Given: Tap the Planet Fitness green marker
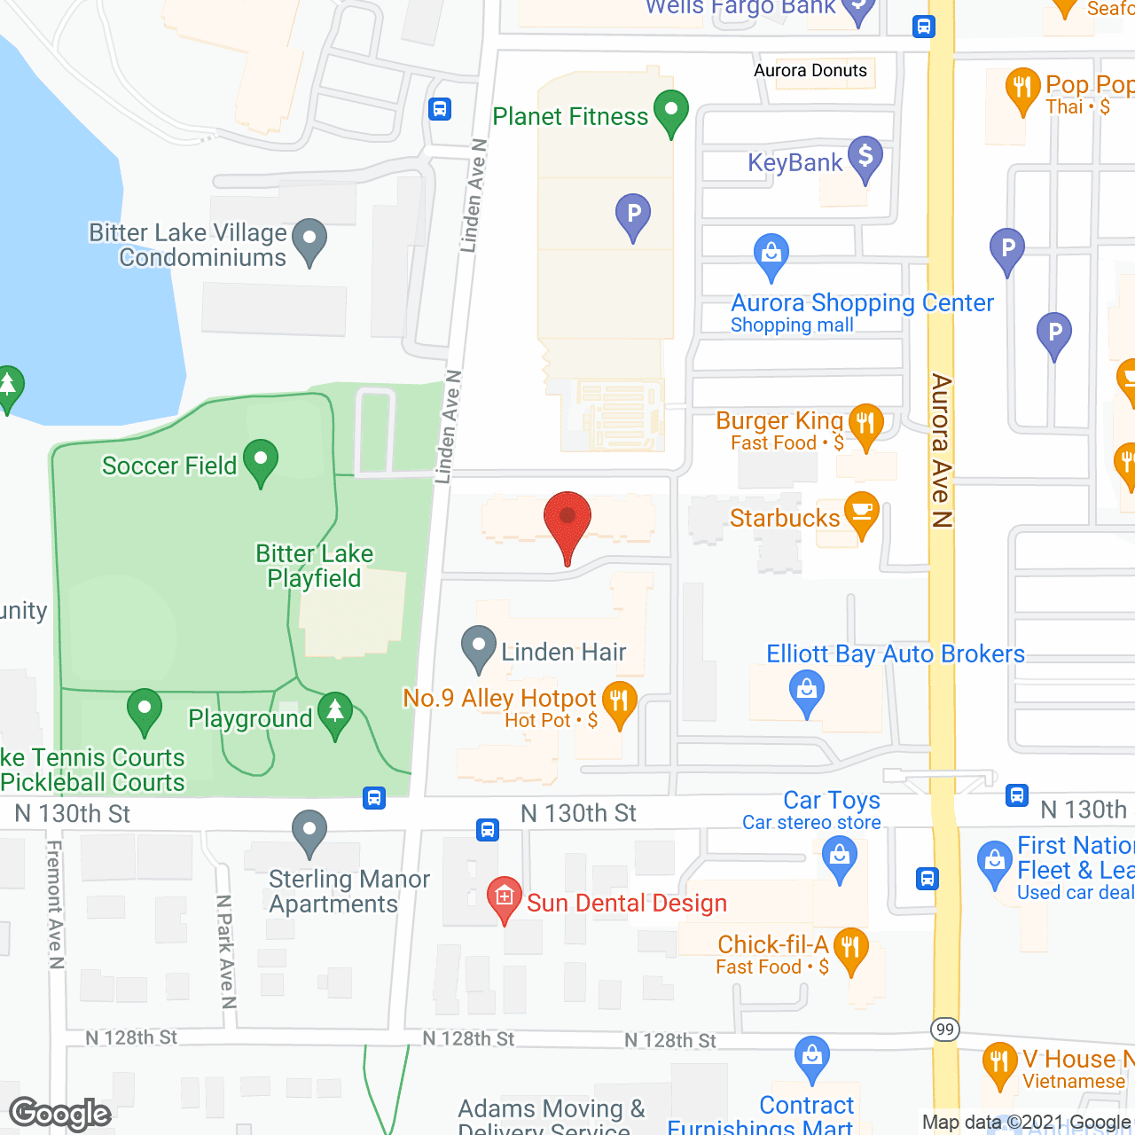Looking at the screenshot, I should coord(671,112).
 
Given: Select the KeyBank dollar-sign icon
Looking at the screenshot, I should coord(865,158).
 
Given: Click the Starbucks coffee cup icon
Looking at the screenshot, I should coord(861,513).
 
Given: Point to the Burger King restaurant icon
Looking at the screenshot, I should coord(865,425).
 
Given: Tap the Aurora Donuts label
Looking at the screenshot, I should coord(810,71).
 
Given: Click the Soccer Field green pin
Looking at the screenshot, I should coord(261,461).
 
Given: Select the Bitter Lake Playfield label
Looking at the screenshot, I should coord(314,566).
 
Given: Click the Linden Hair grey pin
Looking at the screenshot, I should coord(479,647).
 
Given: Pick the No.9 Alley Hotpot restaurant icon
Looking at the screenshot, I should coord(619,702).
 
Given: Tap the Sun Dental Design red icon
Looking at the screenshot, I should coord(505,898).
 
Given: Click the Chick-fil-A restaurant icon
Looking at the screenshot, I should coord(850,949).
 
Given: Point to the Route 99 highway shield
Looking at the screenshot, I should coord(945,1029).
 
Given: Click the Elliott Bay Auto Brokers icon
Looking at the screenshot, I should coord(806,690).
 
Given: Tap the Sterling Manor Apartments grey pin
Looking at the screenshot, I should coord(309,832).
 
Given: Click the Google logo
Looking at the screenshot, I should coord(60,1114).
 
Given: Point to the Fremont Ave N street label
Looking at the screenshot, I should coord(55,904).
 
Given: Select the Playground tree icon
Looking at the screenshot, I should coord(335,713).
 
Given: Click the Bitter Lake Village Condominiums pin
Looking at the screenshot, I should coord(309,239).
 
